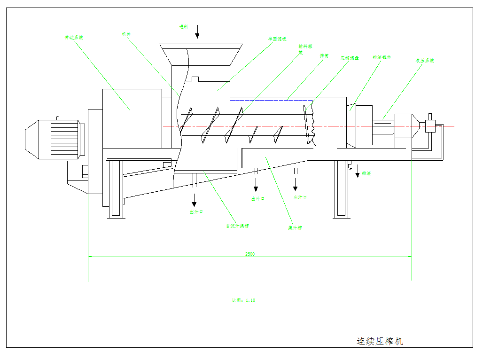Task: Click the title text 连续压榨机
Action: coord(380,341)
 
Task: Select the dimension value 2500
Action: coord(250,254)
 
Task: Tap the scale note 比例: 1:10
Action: coord(244,300)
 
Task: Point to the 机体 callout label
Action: coord(126,34)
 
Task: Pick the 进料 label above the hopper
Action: coord(184,27)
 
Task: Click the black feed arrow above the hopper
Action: coord(197,31)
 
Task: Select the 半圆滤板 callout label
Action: coord(277,39)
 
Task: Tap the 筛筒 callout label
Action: coord(324,55)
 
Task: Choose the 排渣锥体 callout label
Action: coord(382,57)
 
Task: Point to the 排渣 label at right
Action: coord(366,174)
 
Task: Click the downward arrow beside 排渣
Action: coord(357,170)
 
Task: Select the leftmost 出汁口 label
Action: coord(196,212)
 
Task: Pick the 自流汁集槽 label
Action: coord(237,226)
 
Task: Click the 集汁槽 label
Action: coord(295,228)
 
